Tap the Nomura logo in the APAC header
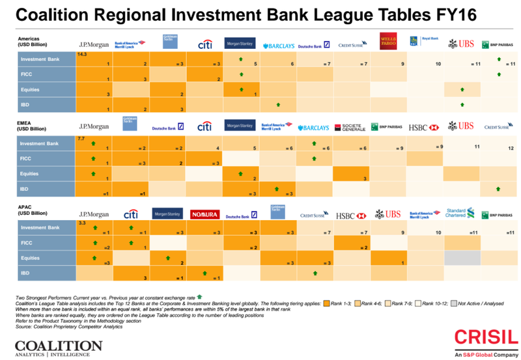(x=204, y=214)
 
